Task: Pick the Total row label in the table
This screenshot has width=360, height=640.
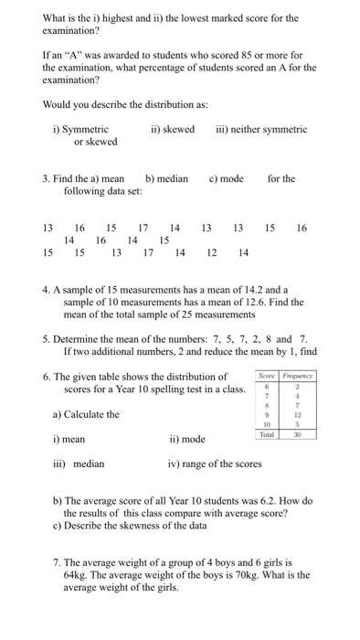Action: coord(268,436)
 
